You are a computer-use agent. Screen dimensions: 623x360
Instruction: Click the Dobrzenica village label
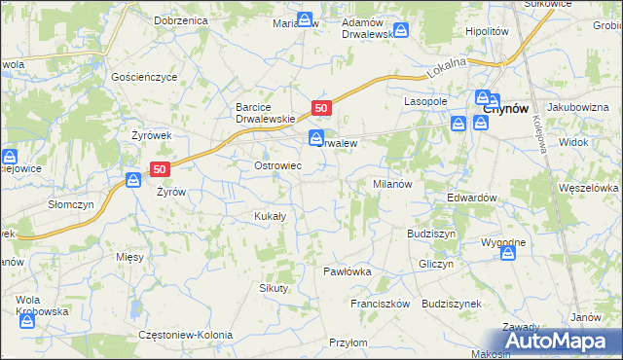tap(182, 19)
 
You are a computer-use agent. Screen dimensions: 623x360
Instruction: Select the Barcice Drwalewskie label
tap(259, 113)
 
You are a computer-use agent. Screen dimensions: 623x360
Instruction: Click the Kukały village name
tap(269, 216)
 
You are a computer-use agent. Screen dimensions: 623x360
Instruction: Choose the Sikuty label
tap(274, 288)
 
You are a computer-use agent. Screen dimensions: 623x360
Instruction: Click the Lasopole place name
tap(425, 101)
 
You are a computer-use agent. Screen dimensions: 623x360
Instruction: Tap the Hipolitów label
tap(488, 31)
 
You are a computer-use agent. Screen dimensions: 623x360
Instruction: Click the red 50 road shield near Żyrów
tap(161, 168)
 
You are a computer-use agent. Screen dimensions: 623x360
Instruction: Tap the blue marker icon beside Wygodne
tap(508, 253)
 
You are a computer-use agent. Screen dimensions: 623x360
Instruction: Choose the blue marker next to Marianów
tap(306, 19)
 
